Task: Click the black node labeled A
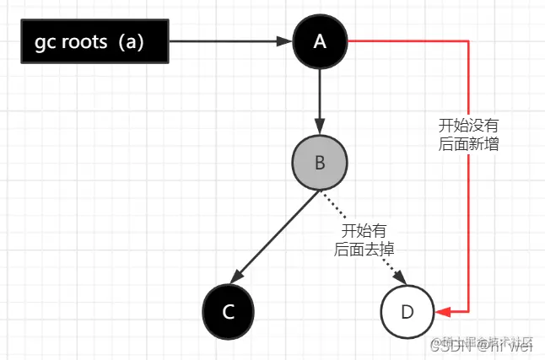tap(320, 40)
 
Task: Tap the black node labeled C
tap(228, 311)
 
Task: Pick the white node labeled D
tap(407, 311)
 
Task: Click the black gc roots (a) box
tap(94, 40)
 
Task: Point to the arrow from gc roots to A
tap(228, 40)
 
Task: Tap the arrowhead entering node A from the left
tap(286, 40)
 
